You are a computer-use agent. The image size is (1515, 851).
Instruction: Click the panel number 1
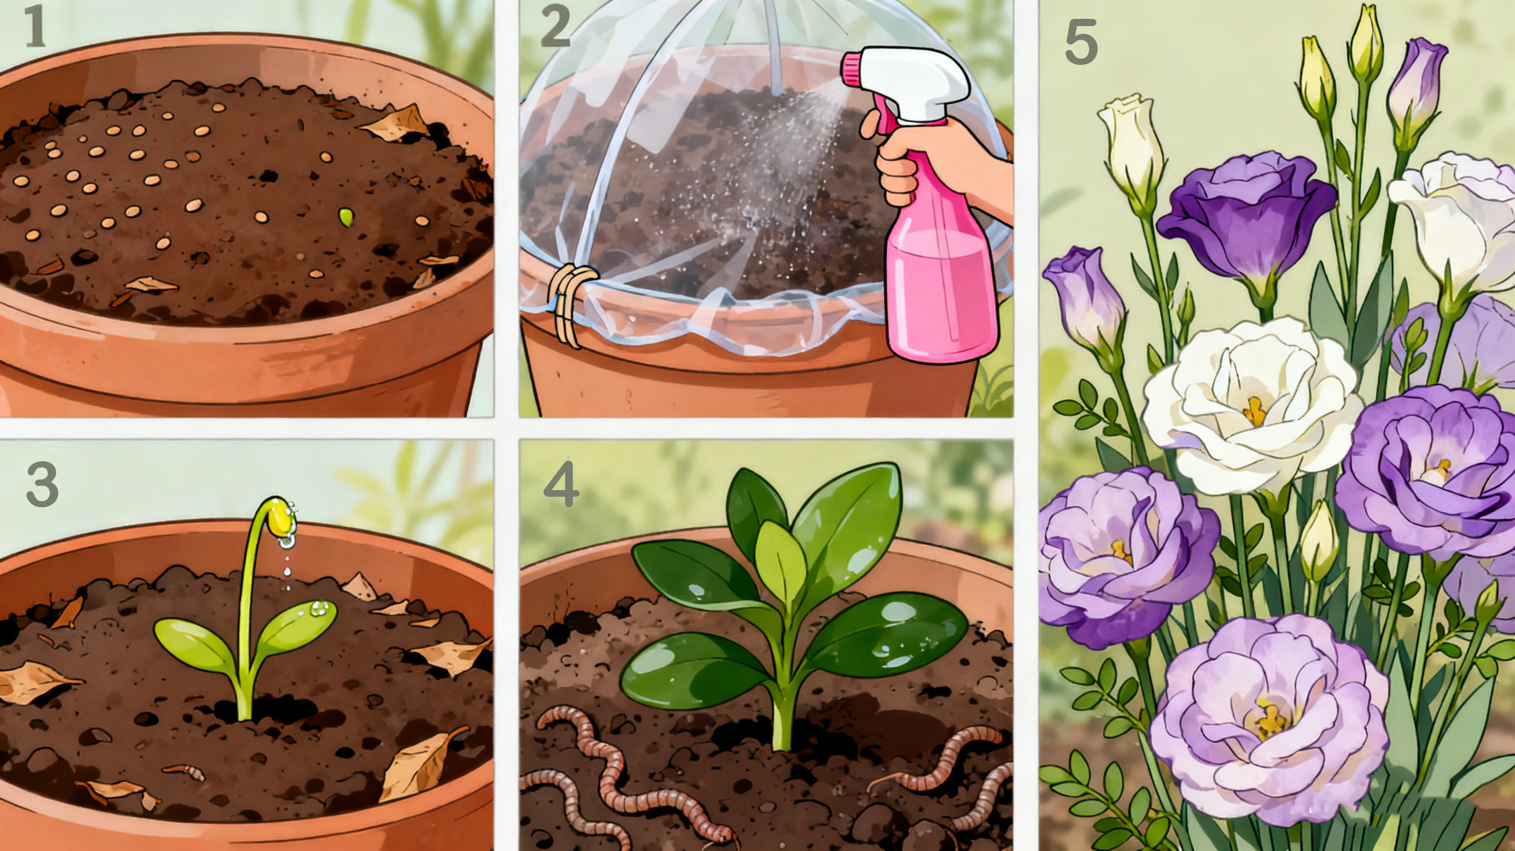click(36, 27)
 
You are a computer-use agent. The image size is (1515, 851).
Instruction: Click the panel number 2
click(555, 27)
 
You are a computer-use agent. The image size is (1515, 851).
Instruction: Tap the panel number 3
click(42, 485)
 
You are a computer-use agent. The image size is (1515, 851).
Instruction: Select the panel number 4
click(561, 485)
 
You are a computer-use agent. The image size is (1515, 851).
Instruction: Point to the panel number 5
click(1081, 42)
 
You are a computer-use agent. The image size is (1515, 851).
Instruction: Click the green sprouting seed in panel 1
click(345, 217)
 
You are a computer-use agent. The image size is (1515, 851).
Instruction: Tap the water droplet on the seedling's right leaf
click(318, 609)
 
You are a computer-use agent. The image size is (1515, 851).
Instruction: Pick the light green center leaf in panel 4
click(780, 558)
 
